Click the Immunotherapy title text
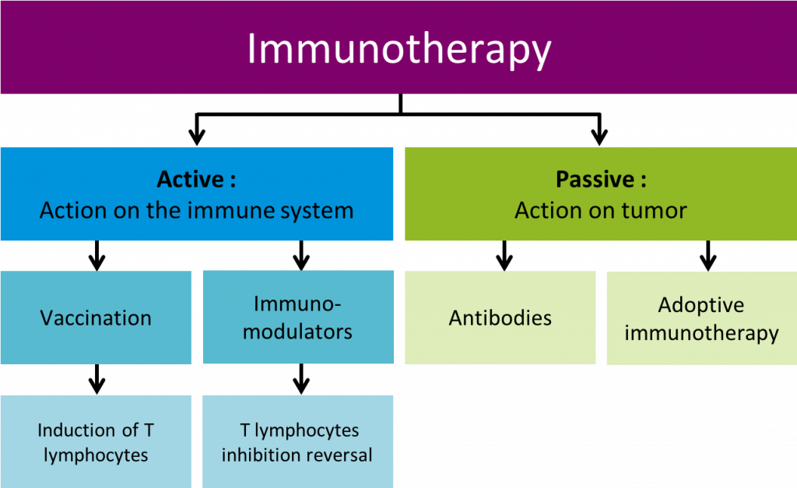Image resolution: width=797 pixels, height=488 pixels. [398, 48]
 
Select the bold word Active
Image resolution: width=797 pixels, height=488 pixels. [190, 180]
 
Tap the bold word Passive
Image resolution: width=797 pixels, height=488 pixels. [594, 180]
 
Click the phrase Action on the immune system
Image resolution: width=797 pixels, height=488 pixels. [196, 210]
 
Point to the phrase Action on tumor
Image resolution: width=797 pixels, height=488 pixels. [601, 210]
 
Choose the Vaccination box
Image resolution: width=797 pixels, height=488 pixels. [96, 318]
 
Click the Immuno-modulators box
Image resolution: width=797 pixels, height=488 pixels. [298, 318]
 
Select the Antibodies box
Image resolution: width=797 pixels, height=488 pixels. [500, 318]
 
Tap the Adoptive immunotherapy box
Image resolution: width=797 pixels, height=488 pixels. [701, 318]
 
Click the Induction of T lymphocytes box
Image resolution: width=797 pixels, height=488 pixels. [96, 441]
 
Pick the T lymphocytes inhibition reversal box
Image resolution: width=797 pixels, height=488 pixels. [298, 441]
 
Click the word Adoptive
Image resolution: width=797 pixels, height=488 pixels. [701, 305]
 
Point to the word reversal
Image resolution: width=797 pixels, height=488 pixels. [338, 455]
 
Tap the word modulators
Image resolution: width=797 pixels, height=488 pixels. [298, 332]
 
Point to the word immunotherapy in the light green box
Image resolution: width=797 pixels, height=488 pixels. [701, 333]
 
